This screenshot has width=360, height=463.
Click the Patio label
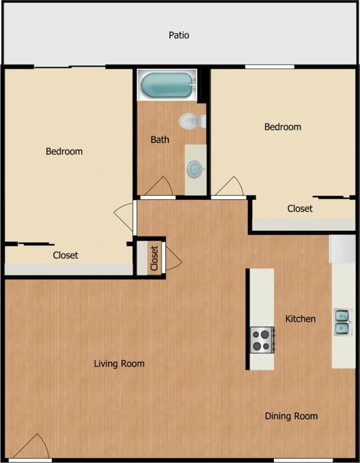click(x=178, y=36)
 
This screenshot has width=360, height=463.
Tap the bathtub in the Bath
click(x=167, y=85)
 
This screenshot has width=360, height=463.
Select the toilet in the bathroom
click(x=192, y=121)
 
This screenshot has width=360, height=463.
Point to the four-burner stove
click(x=262, y=340)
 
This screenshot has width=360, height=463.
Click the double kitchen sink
click(x=342, y=321)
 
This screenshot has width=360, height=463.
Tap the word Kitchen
click(x=300, y=319)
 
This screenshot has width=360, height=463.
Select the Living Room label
click(x=119, y=364)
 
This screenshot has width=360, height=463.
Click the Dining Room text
click(x=291, y=416)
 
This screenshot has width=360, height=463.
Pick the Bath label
click(x=160, y=140)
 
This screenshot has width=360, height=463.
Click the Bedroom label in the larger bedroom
click(x=64, y=152)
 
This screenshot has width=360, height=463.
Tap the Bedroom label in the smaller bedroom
click(x=283, y=127)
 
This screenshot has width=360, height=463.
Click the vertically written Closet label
click(x=154, y=256)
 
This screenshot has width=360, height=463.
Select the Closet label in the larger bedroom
click(x=66, y=255)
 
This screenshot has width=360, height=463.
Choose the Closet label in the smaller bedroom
click(x=299, y=208)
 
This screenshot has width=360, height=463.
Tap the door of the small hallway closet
click(x=172, y=257)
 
